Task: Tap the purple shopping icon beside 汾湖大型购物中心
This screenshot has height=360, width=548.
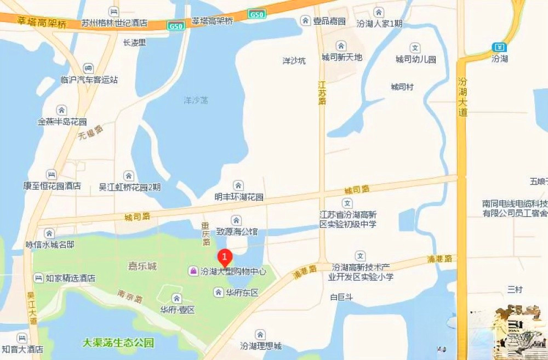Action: coord(193,271)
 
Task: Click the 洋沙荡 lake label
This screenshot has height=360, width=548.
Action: coord(196,100)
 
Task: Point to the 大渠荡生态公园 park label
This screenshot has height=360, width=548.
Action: coord(118,344)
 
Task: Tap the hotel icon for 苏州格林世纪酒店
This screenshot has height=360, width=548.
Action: coord(113,12)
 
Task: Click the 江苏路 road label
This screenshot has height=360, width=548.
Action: coord(322,93)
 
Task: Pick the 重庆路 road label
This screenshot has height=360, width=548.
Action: coord(206,233)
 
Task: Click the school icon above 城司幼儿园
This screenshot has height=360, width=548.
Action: coord(415,48)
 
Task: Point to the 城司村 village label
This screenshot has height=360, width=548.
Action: coord(402,87)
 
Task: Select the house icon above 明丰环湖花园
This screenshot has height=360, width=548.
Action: coord(238,185)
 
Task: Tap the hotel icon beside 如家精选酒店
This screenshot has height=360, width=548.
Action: coord(37,278)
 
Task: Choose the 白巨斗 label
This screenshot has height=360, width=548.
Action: coord(341,298)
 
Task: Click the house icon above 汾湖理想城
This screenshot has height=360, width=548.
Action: coord(260,334)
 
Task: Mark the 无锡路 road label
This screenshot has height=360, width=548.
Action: coord(91,132)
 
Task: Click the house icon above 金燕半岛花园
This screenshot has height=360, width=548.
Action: coord(61,110)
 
